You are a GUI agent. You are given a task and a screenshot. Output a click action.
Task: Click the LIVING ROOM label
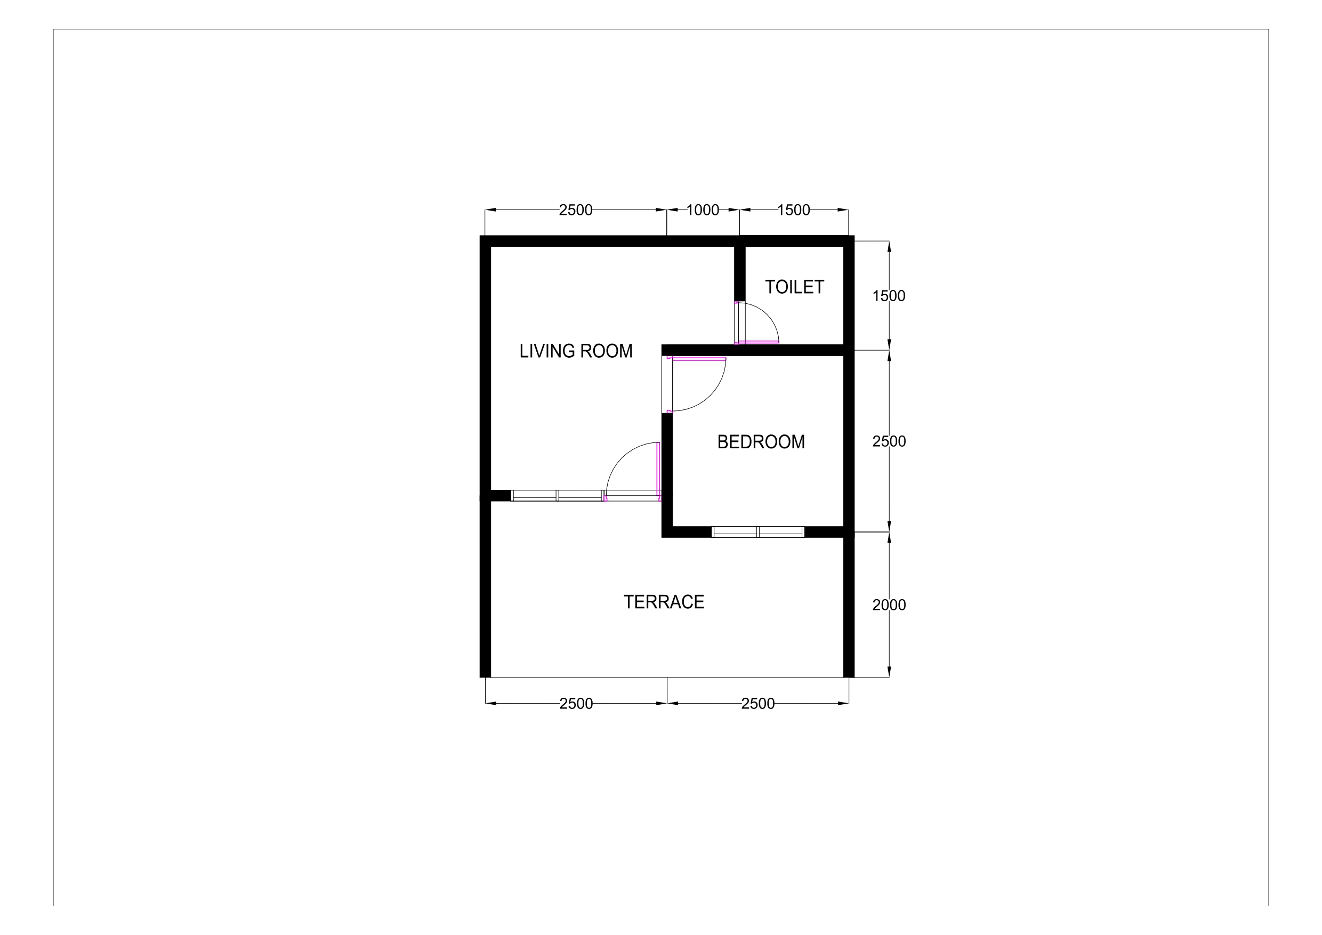coord(576,351)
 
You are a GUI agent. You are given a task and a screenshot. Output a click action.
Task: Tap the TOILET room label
coord(795,287)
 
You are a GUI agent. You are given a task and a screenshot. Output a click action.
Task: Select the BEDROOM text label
coord(761,441)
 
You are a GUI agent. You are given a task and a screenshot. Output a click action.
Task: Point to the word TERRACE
coord(664,602)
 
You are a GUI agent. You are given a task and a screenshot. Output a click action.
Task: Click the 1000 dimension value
coord(703,210)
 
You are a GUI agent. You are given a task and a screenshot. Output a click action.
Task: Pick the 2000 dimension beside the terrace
coord(889,604)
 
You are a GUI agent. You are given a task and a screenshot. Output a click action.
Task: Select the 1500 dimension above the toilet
coord(793,210)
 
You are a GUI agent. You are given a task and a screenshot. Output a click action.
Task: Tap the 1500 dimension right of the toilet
coord(889,295)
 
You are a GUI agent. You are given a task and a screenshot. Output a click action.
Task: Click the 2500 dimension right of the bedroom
coord(889,441)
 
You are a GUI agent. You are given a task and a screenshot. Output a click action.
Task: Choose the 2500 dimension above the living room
coord(576,210)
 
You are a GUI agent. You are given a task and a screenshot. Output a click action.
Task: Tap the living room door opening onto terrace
coord(633,472)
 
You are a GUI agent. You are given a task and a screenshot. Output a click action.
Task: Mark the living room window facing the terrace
coord(558,496)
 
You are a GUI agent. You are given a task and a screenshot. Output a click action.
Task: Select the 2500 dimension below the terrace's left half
coord(576,704)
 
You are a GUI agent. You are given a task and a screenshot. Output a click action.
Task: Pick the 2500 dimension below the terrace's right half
coord(757,704)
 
